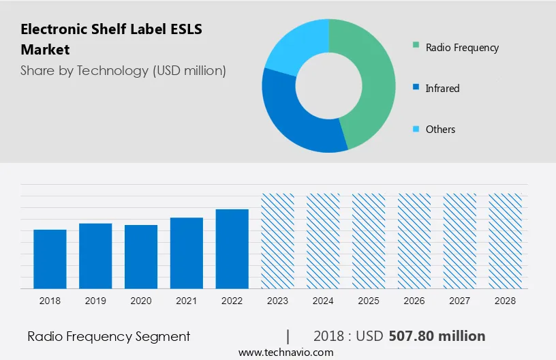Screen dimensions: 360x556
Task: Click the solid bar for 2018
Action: (x=50, y=258)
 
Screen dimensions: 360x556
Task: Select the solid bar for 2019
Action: (x=95, y=256)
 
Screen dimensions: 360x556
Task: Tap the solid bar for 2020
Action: (x=141, y=256)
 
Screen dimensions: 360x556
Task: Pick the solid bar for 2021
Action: (x=187, y=252)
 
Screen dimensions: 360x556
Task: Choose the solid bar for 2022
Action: (x=232, y=248)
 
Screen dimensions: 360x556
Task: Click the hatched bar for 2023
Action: (x=278, y=240)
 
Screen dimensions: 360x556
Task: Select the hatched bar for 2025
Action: (x=369, y=240)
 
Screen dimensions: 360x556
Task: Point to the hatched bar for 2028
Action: (x=506, y=240)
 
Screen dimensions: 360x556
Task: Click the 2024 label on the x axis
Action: (x=323, y=300)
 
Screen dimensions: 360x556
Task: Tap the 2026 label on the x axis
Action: (x=414, y=300)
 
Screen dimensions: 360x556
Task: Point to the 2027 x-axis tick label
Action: (x=460, y=300)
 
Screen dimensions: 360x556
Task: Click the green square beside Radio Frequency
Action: (x=416, y=47)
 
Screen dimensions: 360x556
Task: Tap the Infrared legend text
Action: (x=442, y=89)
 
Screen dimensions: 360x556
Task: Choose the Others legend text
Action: (x=440, y=130)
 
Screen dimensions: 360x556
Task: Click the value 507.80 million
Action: (x=437, y=336)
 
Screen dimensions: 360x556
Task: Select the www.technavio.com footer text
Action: (x=285, y=352)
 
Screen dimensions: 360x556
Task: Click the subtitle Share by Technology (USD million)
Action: (x=123, y=70)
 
